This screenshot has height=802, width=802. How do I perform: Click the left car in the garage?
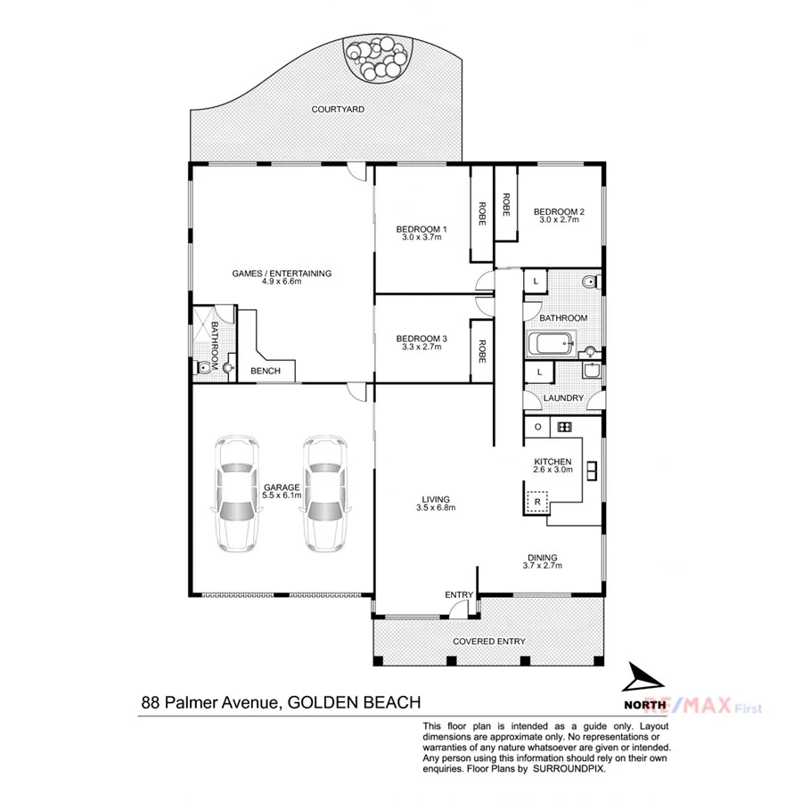coord(236,494)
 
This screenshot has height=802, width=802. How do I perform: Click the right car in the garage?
coord(323,494)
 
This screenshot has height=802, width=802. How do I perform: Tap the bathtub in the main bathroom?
coord(553,345)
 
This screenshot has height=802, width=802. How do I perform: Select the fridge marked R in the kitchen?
coord(537,503)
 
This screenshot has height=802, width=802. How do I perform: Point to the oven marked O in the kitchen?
coord(537,427)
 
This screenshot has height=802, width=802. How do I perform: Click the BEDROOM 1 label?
coord(421,230)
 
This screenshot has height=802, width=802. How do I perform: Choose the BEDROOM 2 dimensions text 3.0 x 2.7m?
coord(559,220)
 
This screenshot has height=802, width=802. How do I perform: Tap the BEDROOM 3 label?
coord(421,339)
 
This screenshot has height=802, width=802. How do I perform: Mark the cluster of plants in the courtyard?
coord(380,60)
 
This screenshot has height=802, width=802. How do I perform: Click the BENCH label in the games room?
coord(265,372)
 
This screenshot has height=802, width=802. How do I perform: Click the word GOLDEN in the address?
coord(322,703)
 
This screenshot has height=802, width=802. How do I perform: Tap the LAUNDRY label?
coord(562,398)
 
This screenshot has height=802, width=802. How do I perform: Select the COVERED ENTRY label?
coord(488,642)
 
